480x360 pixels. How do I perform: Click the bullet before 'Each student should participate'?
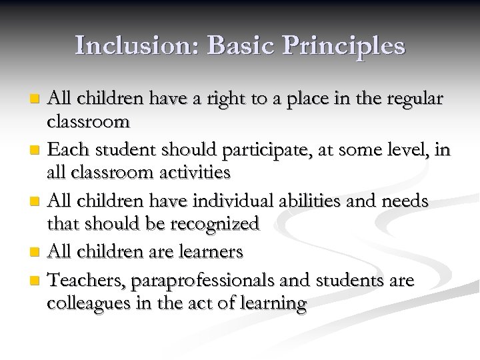pos(37,149)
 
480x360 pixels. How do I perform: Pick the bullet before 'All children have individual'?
pos(37,201)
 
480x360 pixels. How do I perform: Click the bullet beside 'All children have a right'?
pos(37,98)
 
